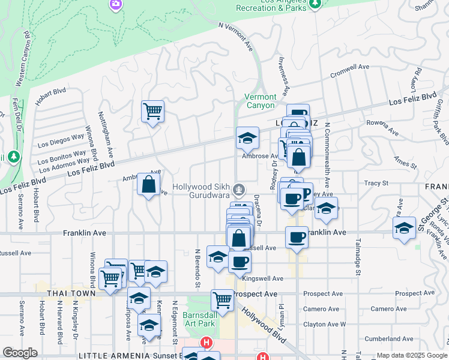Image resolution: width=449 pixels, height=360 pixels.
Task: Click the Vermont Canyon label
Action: (261, 101)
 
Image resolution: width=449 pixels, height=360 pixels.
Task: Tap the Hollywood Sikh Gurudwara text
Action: (202, 191)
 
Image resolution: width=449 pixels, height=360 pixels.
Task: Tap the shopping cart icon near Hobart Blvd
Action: (152, 111)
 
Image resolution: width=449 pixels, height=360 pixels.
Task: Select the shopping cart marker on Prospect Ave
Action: (222, 299)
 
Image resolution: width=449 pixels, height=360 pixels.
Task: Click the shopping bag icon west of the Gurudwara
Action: (148, 184)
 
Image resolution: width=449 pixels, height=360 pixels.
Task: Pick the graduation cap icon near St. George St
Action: (405, 227)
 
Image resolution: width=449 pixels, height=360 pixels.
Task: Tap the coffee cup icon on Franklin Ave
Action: (297, 237)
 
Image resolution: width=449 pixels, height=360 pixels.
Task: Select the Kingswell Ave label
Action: (262, 278)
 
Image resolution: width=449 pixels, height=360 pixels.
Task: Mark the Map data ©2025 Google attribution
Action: (411, 355)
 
